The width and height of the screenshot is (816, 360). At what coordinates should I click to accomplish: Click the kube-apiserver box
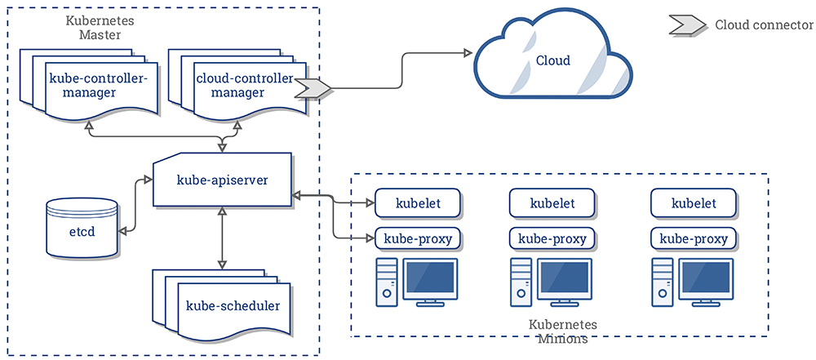(222, 180)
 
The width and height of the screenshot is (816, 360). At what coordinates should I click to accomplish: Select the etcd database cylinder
(82, 227)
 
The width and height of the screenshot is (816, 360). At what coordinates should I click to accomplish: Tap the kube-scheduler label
(233, 304)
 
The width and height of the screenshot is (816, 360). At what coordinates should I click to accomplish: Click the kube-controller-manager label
(99, 86)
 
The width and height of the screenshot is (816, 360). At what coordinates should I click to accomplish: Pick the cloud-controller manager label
(245, 86)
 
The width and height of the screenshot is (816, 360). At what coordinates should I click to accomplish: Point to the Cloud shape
(553, 58)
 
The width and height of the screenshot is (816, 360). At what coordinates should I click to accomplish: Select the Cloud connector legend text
(764, 25)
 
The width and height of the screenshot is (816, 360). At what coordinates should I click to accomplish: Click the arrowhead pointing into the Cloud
(468, 52)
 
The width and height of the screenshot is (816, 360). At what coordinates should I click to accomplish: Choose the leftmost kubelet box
(418, 202)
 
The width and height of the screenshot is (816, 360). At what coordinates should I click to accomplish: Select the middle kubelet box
(552, 202)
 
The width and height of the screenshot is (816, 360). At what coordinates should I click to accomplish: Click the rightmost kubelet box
(694, 202)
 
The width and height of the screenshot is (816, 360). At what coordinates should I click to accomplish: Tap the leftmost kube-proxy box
(418, 239)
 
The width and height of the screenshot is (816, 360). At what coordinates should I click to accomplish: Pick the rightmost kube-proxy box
(694, 239)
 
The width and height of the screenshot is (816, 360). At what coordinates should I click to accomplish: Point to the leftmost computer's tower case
(387, 282)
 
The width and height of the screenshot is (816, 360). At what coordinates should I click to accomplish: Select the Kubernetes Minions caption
(563, 332)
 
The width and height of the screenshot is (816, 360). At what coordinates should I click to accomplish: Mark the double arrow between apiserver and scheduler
(222, 238)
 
